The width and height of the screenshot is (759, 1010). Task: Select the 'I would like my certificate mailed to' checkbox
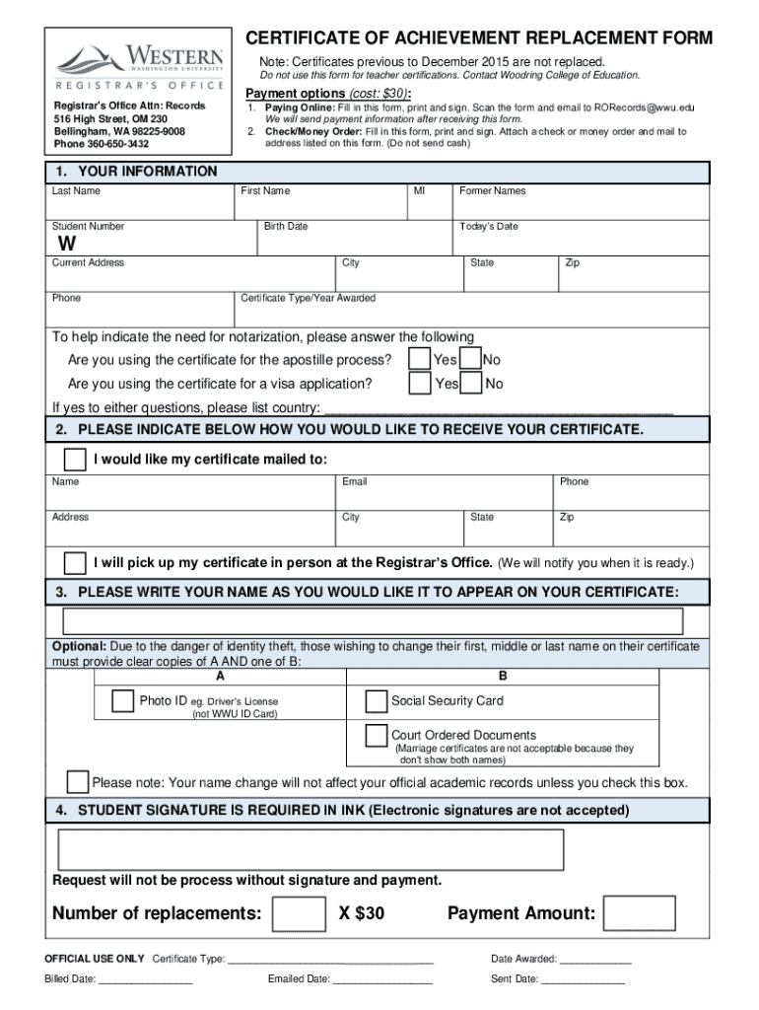tap(74, 460)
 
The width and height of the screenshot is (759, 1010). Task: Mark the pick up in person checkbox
tap(74, 563)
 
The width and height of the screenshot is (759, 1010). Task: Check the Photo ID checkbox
tap(123, 701)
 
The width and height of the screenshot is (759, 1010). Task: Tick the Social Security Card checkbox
tap(376, 701)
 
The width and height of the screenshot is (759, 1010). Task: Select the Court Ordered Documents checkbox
tap(376, 735)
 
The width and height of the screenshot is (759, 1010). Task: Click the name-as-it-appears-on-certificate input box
tap(373, 621)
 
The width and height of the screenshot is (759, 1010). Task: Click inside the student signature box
tap(310, 849)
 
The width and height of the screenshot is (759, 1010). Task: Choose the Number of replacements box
tap(299, 914)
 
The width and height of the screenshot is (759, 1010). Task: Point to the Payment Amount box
tap(640, 914)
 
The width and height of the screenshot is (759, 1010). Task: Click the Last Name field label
tap(76, 191)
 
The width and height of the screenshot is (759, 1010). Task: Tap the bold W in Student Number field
tap(66, 244)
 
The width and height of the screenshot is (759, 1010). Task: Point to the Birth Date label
tap(286, 227)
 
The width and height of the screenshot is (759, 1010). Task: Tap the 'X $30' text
tap(362, 914)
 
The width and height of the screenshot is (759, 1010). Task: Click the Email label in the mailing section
tap(355, 482)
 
